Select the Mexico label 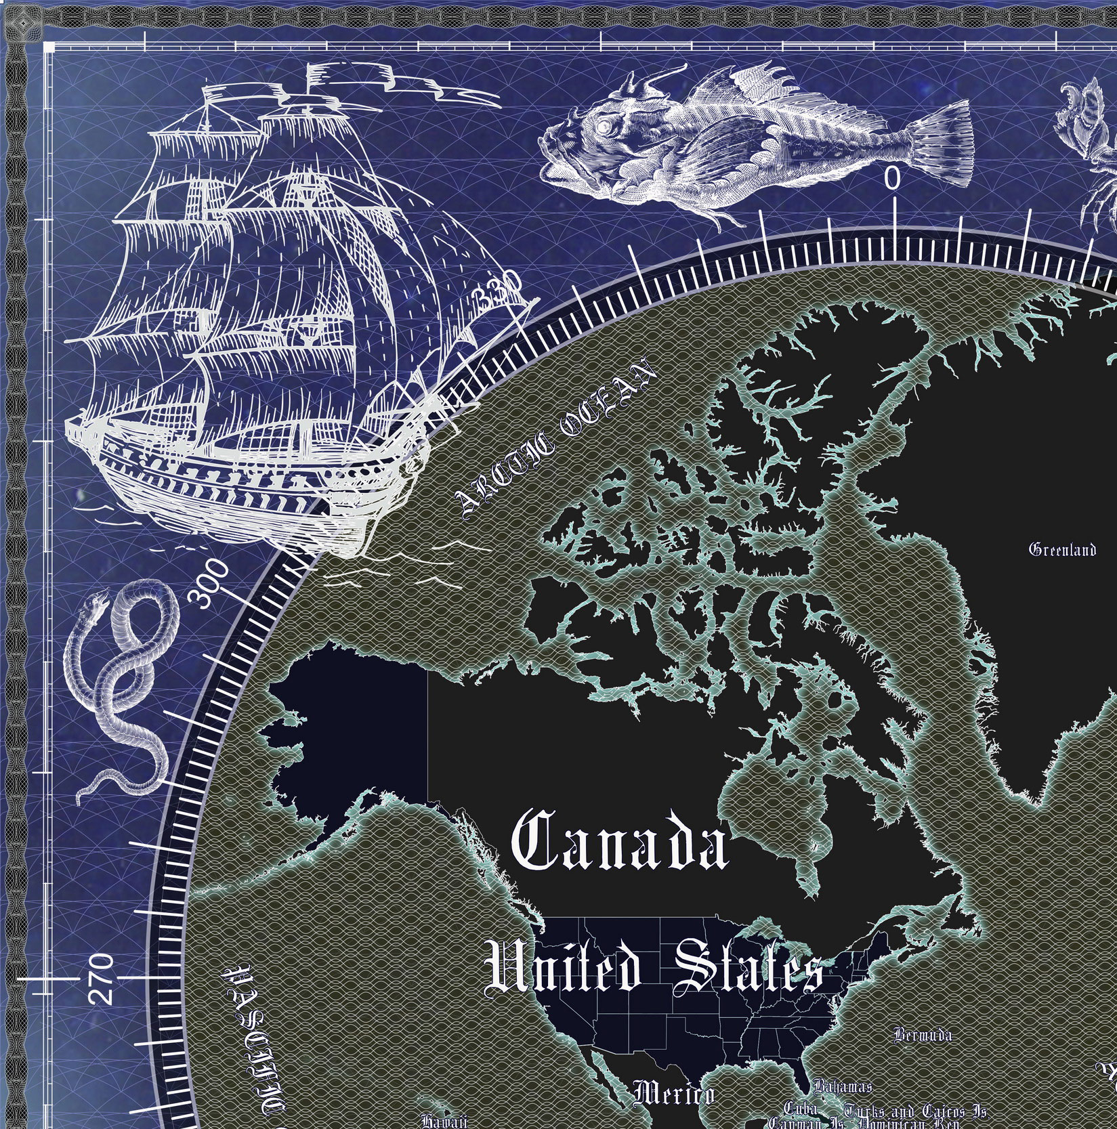click(x=673, y=1094)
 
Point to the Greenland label click(x=1062, y=549)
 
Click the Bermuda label click(x=923, y=1036)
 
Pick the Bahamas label click(x=843, y=1086)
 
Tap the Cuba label click(x=801, y=1109)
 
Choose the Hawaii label click(x=444, y=1122)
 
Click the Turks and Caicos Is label click(x=914, y=1111)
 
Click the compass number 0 click(x=893, y=179)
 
